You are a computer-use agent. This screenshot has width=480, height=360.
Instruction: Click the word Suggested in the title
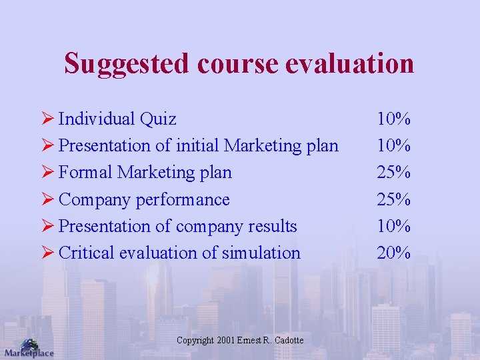127,64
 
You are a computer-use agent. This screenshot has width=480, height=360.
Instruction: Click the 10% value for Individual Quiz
393,119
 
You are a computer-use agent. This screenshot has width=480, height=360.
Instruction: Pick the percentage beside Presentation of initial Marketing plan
393,146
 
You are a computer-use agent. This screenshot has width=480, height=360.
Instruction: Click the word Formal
85,173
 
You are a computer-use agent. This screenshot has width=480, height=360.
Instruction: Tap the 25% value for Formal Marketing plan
393,173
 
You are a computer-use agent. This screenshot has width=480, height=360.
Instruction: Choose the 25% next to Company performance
393,199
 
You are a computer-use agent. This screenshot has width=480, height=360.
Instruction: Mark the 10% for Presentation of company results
393,226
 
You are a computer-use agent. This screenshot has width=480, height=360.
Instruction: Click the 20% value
393,253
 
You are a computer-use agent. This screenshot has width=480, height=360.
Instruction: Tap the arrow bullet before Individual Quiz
47,119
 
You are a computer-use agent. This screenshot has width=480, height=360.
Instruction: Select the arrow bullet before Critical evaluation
47,253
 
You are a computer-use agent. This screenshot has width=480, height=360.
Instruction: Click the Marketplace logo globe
29,344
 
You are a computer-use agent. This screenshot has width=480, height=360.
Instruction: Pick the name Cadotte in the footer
288,341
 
